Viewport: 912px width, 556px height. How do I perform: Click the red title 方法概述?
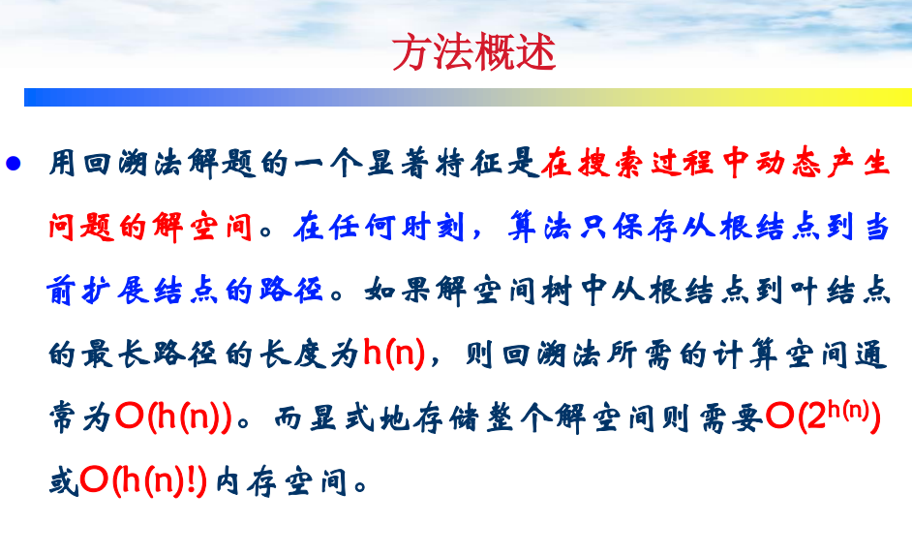pyautogui.click(x=474, y=52)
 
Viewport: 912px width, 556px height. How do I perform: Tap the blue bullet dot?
pyautogui.click(x=14, y=163)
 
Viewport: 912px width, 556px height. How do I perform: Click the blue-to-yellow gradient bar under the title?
pyautogui.click(x=468, y=97)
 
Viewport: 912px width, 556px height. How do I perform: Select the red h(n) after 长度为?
pyautogui.click(x=394, y=353)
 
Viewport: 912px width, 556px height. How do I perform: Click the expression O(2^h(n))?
pyautogui.click(x=823, y=416)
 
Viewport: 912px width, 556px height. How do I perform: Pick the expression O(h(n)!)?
pyautogui.click(x=143, y=481)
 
